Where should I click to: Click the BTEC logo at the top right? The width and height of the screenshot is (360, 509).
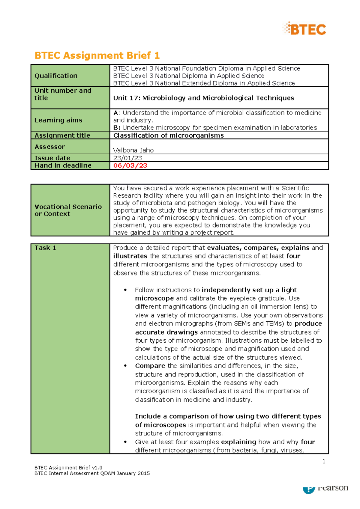click(x=304, y=29)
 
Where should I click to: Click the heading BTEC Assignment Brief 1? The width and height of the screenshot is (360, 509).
click(x=97, y=55)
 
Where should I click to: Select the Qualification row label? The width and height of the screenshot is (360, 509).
click(x=56, y=76)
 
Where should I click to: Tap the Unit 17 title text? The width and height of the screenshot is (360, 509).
click(x=203, y=98)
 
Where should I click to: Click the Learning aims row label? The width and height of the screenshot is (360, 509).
click(x=58, y=120)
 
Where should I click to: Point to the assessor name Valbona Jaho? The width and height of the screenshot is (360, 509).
click(x=133, y=150)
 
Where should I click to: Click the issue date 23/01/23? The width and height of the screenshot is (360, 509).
click(x=127, y=158)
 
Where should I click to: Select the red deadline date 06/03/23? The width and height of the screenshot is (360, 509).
click(x=130, y=165)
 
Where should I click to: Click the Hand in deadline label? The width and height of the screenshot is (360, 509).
click(x=63, y=165)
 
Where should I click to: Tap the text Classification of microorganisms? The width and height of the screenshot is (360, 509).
click(x=168, y=135)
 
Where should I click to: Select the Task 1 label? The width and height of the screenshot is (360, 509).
click(x=45, y=248)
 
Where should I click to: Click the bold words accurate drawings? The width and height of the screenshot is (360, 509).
click(x=166, y=332)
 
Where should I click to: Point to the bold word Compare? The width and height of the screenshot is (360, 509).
click(x=150, y=366)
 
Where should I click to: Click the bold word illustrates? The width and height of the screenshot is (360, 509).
click(x=130, y=256)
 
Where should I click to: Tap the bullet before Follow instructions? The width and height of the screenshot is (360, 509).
click(x=125, y=290)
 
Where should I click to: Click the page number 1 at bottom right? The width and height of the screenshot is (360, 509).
click(x=324, y=461)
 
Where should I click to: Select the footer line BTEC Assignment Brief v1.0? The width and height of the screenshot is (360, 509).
click(x=68, y=468)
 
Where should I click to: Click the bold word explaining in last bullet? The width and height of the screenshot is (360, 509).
click(x=238, y=442)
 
